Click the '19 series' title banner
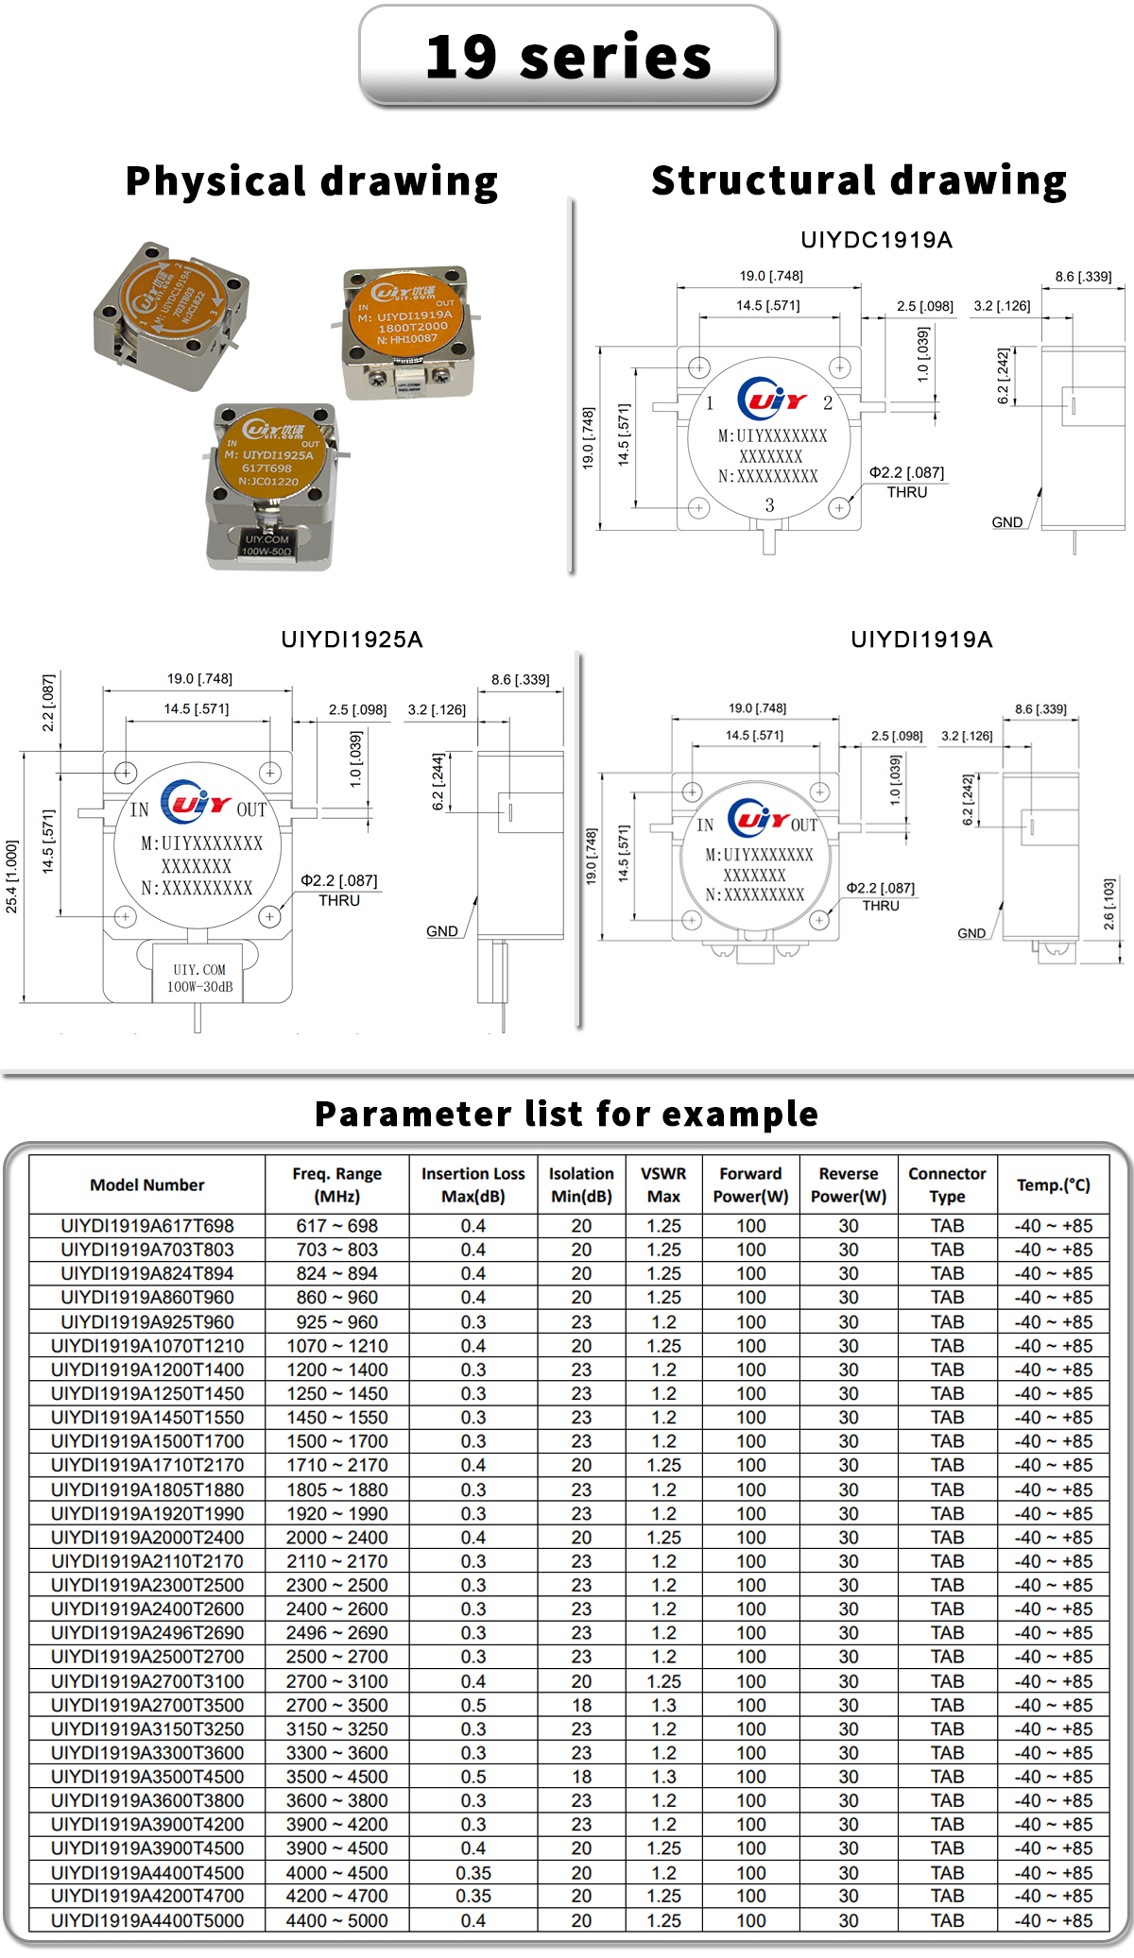tap(568, 57)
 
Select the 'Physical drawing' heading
tap(312, 181)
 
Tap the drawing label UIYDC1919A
tap(876, 240)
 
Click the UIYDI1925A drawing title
tap(352, 639)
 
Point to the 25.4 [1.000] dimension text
tap(12, 877)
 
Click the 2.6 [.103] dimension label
tap(1109, 904)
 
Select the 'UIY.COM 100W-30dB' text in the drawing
tap(199, 979)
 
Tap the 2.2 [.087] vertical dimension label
tap(48, 703)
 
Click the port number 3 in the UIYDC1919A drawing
tap(769, 505)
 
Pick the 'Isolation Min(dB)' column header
tap(581, 1184)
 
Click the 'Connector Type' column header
tap(947, 1184)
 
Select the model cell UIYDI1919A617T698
tap(147, 1226)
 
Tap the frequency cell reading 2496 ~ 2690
tap(337, 1633)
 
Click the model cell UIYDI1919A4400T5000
tap(147, 1920)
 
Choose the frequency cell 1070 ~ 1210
tap(337, 1346)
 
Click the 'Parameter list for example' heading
tap(567, 1114)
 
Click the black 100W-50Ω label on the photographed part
tap(266, 545)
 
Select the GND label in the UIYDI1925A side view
tap(442, 931)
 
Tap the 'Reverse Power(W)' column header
tap(849, 1184)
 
